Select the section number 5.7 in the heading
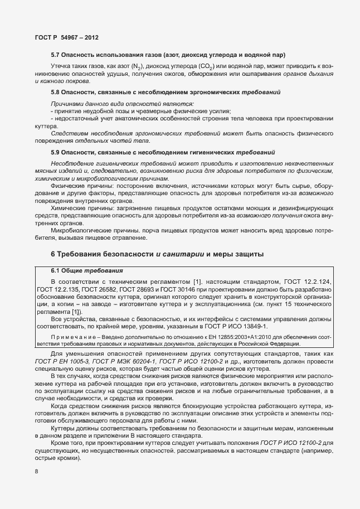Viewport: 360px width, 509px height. click(x=56, y=55)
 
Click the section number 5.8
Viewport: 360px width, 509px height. click(x=56, y=91)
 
